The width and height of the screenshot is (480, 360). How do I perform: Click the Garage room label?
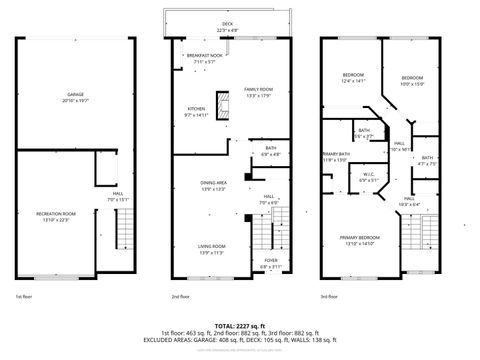tap(75, 95)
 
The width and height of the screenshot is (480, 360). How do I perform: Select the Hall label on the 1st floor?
tap(117, 196)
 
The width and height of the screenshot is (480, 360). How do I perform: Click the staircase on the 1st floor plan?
tap(125, 235)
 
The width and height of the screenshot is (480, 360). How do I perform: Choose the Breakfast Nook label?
tap(204, 57)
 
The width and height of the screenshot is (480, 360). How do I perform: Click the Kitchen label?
tap(195, 110)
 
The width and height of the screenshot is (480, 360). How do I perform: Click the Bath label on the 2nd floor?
tap(271, 150)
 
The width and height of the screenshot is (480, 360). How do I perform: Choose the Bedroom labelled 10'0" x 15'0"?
tap(413, 80)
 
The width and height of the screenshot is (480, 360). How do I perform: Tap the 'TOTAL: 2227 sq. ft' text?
tap(239, 325)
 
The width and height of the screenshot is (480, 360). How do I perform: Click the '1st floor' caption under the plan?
tap(25, 297)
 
